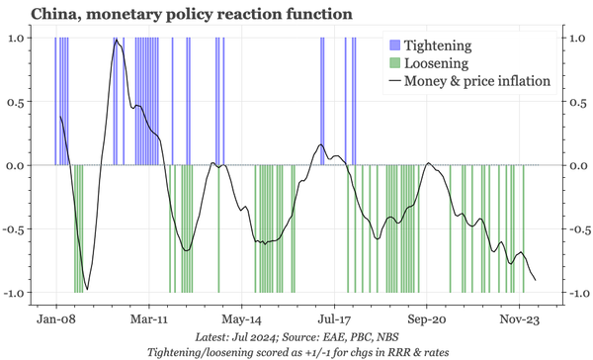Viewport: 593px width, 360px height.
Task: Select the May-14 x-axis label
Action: [241, 320]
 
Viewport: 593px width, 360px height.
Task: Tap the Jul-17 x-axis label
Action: [334, 320]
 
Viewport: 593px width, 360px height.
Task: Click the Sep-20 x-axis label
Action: [427, 320]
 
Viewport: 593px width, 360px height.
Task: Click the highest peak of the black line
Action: [118, 41]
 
